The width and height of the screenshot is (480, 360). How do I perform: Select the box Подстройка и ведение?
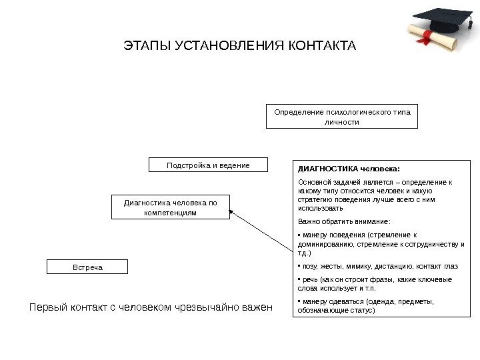[x=207, y=165]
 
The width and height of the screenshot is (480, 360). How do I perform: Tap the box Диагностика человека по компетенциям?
[x=170, y=207]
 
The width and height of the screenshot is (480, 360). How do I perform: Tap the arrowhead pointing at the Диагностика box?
[x=234, y=213]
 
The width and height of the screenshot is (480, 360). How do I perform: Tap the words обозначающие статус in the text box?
[x=336, y=310]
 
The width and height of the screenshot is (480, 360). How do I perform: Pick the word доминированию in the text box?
[x=324, y=244]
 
